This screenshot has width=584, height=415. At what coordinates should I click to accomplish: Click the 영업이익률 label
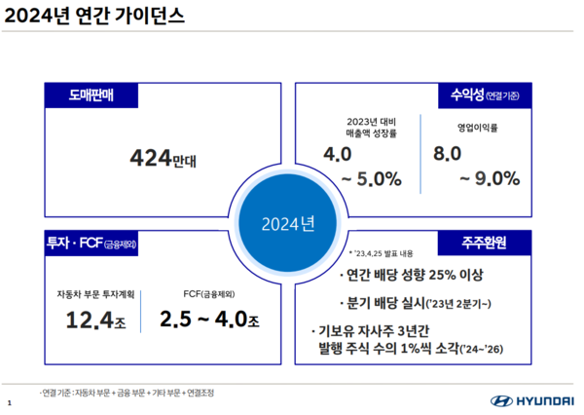click(x=477, y=128)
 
